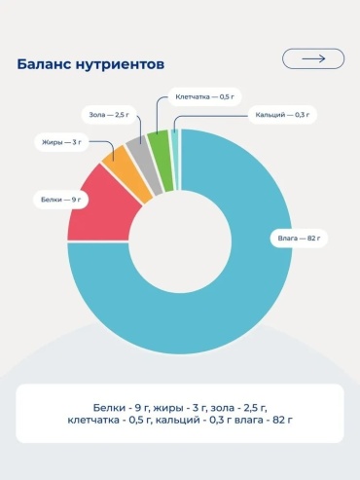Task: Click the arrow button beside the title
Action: pos(313,58)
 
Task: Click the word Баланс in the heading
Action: pos(44,64)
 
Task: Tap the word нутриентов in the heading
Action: pos(120,65)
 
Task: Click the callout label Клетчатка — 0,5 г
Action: pos(204,96)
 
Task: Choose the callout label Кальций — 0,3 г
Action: pos(282,115)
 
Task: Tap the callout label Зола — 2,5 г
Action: pos(109,115)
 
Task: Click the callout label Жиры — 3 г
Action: pos(61,142)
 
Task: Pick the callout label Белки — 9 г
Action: pos(61,200)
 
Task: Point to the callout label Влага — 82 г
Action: pos(299,239)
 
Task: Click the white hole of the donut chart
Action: pos(180,241)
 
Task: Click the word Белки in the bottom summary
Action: pos(109,408)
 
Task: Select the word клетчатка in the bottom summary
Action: pos(93,420)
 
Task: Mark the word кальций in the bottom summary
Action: pos(178,421)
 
